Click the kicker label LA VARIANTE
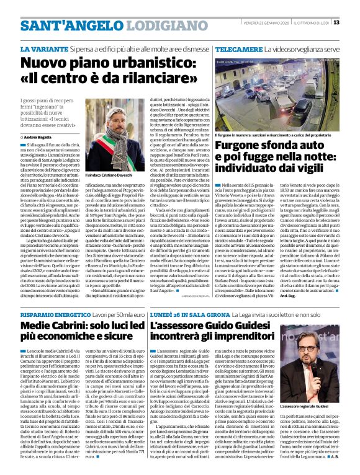click(43, 48)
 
